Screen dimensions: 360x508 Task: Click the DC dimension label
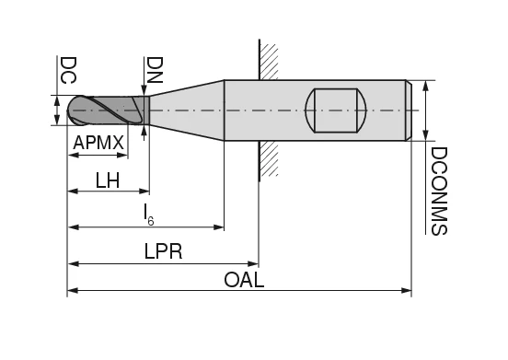tap(67, 71)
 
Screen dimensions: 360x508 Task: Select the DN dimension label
tap(155, 71)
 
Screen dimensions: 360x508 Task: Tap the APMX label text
tap(98, 144)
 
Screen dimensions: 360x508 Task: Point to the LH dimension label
tap(108, 180)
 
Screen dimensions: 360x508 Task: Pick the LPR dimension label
tap(163, 251)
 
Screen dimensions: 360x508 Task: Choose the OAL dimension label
tap(244, 280)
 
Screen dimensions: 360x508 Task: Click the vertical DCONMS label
tap(439, 191)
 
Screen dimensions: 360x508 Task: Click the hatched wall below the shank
tap(268, 158)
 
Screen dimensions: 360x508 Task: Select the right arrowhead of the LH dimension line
tap(144, 192)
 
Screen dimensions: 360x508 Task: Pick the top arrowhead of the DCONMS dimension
tap(425, 86)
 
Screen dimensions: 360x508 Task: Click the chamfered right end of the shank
tap(409, 110)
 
